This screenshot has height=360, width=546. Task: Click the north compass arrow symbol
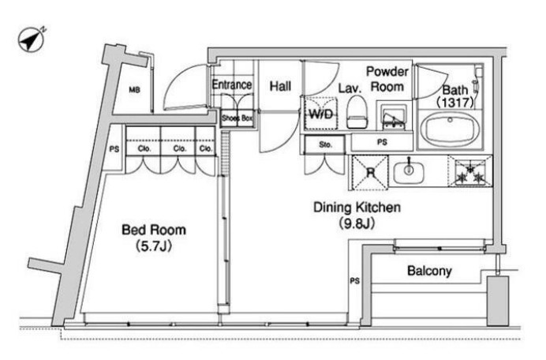pyautogui.click(x=32, y=39)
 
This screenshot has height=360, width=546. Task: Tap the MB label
pyautogui.click(x=134, y=90)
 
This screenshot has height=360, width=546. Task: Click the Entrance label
pyautogui.click(x=232, y=84)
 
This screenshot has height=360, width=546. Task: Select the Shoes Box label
pyautogui.click(x=237, y=118)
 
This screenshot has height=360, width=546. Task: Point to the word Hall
pyautogui.click(x=280, y=86)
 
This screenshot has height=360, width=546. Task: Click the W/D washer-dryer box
pyautogui.click(x=320, y=114)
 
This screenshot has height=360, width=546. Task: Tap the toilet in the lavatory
pyautogui.click(x=357, y=112)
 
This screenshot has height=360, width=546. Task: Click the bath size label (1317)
pyautogui.click(x=454, y=102)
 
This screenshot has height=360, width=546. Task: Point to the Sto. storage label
pyautogui.click(x=326, y=144)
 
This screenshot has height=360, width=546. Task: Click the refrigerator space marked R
pyautogui.click(x=370, y=173)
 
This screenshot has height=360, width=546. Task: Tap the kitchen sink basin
pyautogui.click(x=409, y=171)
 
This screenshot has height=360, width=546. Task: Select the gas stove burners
pyautogui.click(x=470, y=171)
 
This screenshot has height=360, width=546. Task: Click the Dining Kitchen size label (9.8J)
pyautogui.click(x=357, y=223)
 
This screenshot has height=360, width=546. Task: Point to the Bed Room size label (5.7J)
pyautogui.click(x=154, y=246)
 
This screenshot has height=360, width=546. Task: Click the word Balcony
pyautogui.click(x=429, y=271)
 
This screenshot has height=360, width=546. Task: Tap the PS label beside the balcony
pyautogui.click(x=354, y=280)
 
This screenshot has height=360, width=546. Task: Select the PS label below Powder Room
pyautogui.click(x=382, y=142)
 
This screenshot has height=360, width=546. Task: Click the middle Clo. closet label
pyautogui.click(x=179, y=148)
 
